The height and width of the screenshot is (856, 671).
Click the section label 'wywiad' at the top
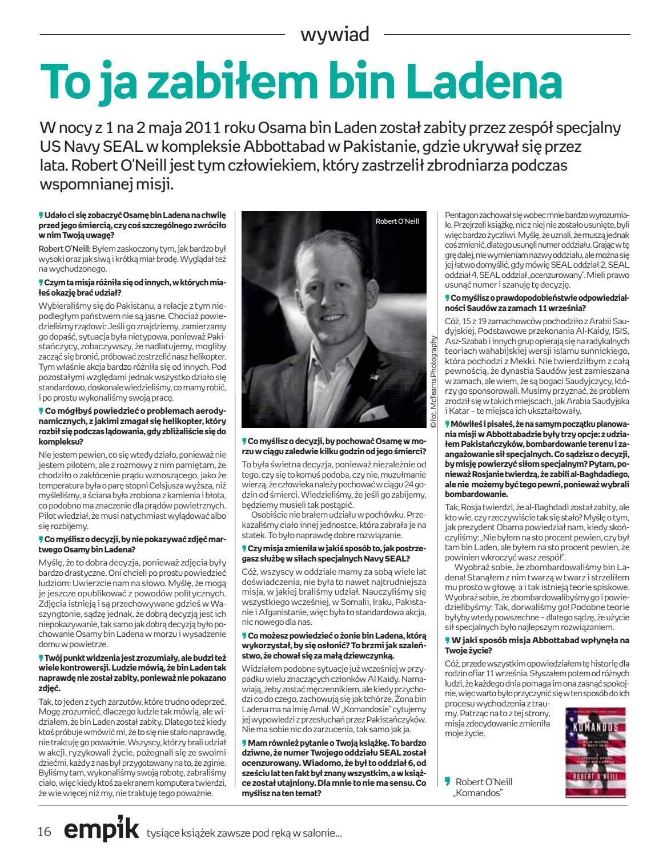(335, 34)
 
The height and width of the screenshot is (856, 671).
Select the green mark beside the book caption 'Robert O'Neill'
(448, 781)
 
